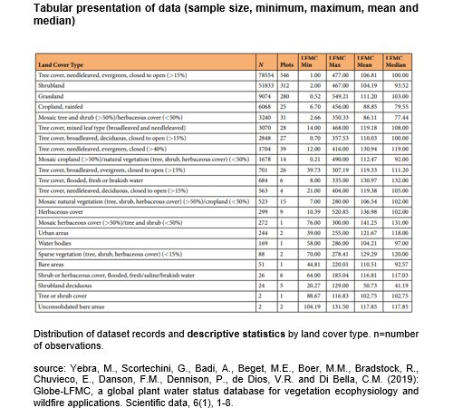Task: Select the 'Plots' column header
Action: (x=284, y=91)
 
